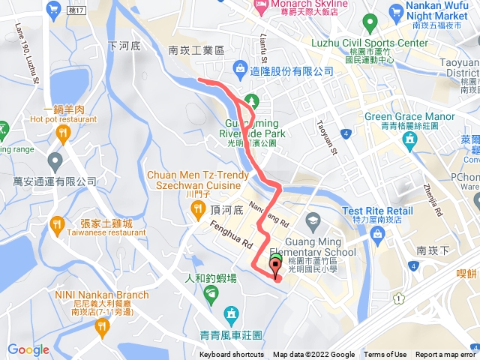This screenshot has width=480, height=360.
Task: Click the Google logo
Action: click(x=28, y=349)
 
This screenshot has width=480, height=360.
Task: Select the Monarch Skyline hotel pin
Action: click(x=261, y=6)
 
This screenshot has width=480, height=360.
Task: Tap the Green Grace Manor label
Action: click(x=410, y=117)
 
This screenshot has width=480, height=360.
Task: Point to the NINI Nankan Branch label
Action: click(x=101, y=295)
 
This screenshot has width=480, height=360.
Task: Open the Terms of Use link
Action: click(x=385, y=355)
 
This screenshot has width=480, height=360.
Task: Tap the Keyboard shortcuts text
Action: click(x=231, y=355)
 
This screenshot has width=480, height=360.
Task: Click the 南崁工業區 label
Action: click(x=196, y=50)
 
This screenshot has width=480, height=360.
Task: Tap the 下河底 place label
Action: click(x=124, y=46)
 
